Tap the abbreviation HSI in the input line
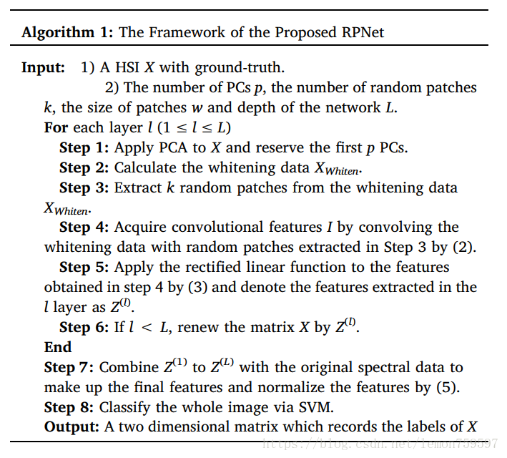pyautogui.click(x=127, y=69)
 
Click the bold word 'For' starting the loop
pyautogui.click(x=56, y=127)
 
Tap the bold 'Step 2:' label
pyautogui.click(x=84, y=167)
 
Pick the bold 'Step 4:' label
pyautogui.click(x=84, y=227)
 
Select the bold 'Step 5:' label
pyautogui.click(x=84, y=267)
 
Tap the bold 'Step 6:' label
pyautogui.click(x=84, y=327)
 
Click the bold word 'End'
pyautogui.click(x=58, y=347)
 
